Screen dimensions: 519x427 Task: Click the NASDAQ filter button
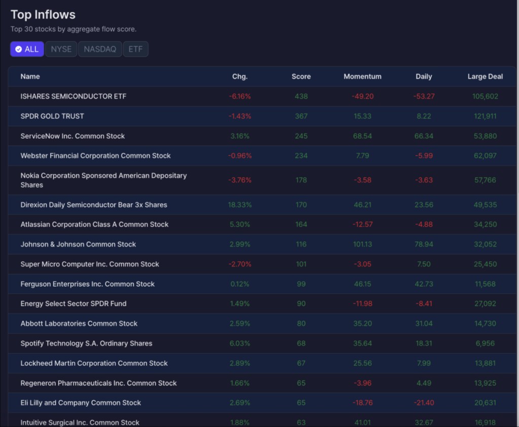[100, 49]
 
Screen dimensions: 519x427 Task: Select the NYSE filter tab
[61, 49]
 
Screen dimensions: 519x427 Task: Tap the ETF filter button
[135, 49]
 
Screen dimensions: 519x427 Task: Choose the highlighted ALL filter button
[27, 49]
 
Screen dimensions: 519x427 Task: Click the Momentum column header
[362, 76]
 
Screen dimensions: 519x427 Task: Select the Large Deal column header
[485, 76]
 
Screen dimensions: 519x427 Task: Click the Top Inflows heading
[43, 15]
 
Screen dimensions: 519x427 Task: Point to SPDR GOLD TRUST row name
[52, 116]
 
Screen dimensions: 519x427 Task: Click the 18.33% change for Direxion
[240, 205]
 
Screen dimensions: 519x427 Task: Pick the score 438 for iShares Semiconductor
[301, 96]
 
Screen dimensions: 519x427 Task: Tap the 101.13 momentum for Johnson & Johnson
[362, 244]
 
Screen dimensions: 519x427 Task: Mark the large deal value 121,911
[485, 116]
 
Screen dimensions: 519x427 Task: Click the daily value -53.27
[424, 96]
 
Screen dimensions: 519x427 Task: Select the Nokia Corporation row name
[103, 180]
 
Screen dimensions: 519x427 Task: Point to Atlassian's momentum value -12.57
[362, 224]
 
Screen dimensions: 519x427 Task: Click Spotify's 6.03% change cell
[240, 343]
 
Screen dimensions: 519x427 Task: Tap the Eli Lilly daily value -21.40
[424, 403]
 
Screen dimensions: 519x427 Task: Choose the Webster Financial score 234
[301, 156]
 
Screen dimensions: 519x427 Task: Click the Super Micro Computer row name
[90, 264]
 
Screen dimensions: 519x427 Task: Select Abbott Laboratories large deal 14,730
[485, 324]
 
